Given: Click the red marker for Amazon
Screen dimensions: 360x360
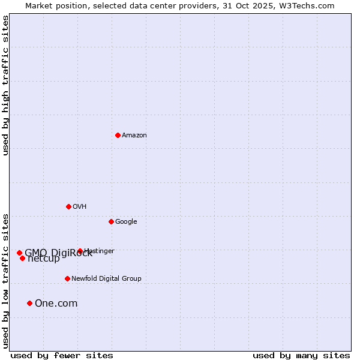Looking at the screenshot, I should click(x=118, y=135).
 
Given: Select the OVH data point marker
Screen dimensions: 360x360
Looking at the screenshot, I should click(x=68, y=206).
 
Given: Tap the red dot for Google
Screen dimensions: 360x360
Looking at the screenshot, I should click(x=111, y=221).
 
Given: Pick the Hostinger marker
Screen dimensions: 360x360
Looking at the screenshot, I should click(x=80, y=251).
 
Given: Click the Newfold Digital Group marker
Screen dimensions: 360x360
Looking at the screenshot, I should click(x=67, y=278).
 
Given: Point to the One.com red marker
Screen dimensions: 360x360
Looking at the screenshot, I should click(x=29, y=303).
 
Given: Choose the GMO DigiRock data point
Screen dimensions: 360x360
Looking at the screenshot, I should click(x=19, y=253).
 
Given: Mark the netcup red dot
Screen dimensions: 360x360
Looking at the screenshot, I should click(x=22, y=258).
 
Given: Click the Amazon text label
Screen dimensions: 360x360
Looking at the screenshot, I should click(x=134, y=136).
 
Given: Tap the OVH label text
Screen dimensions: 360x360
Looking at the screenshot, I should click(x=80, y=207).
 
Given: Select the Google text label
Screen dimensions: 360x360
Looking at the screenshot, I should click(x=126, y=222).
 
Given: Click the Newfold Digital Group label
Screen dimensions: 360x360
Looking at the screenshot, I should click(x=106, y=279).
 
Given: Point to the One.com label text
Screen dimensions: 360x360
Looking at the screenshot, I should click(x=56, y=304).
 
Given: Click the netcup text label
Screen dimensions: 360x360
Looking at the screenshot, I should click(x=44, y=259).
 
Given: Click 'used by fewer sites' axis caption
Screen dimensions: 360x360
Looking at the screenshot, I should click(x=62, y=355).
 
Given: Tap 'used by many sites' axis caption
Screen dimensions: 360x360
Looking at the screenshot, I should click(x=301, y=355).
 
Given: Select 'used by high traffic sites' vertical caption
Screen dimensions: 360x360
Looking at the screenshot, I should click(x=5, y=85).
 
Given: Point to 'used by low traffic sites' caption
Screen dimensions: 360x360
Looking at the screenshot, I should click(x=5, y=280).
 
